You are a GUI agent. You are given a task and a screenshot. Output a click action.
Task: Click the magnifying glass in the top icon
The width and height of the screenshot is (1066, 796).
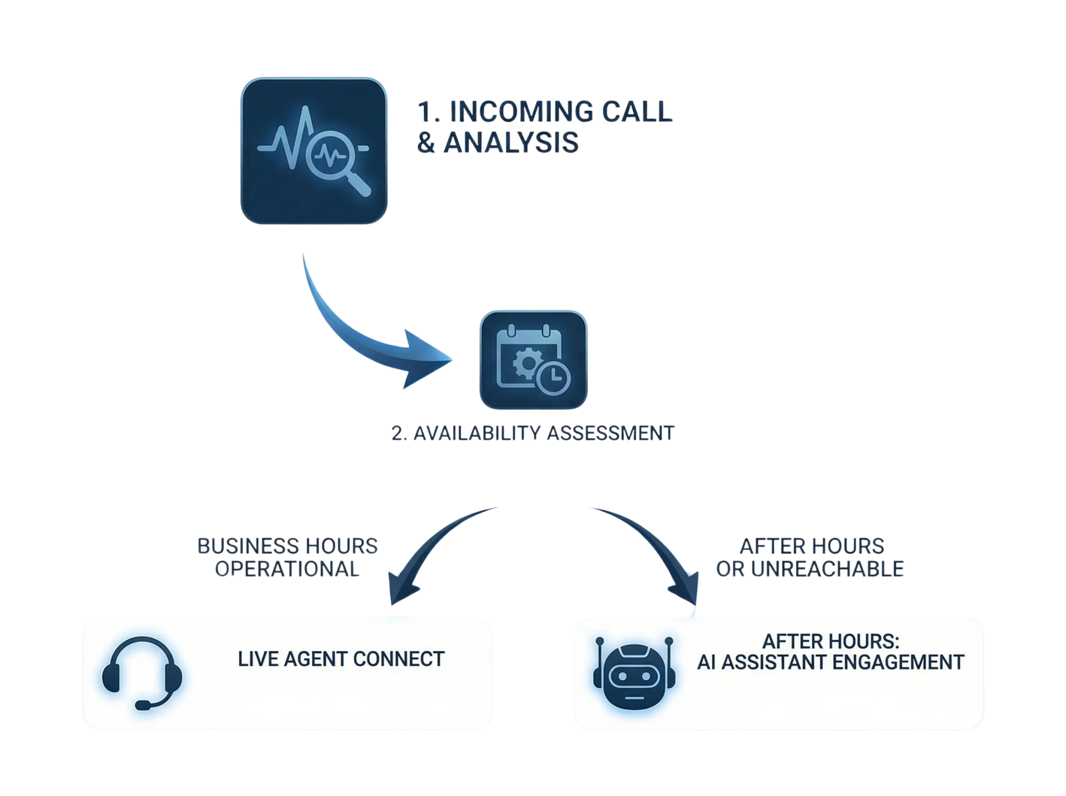point(333,156)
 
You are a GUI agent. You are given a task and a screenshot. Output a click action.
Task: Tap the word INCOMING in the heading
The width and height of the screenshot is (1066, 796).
point(518,112)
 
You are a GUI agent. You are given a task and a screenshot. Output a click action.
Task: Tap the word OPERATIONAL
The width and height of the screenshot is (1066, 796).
point(287,568)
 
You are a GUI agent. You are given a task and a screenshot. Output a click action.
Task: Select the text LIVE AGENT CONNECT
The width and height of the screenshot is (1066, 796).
point(341,659)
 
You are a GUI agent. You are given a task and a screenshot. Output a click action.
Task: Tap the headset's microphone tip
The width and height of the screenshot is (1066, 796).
point(141,705)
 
